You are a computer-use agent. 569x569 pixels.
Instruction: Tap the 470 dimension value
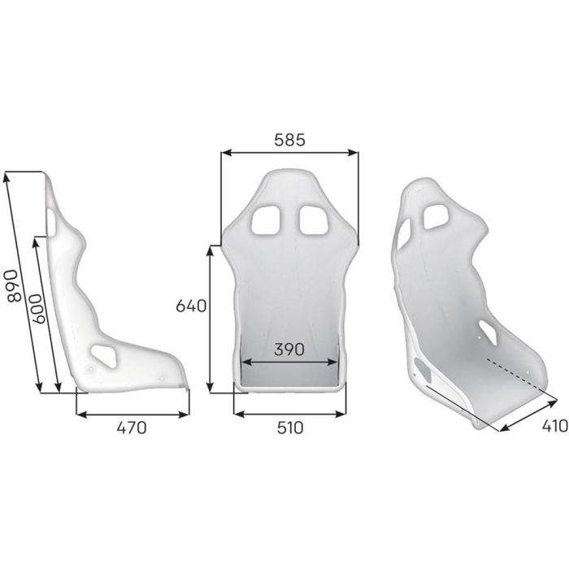[x=130, y=428]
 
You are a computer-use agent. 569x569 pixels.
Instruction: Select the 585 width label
[x=289, y=140]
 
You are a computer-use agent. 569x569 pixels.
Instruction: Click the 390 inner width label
[x=289, y=350]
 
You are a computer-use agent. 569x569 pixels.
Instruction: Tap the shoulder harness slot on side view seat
[x=53, y=219]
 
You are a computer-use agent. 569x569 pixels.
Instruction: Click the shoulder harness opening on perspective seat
[x=437, y=215]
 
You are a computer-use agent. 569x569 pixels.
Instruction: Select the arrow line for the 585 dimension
[x=289, y=152]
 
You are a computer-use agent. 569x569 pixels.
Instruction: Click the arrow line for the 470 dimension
[x=130, y=412]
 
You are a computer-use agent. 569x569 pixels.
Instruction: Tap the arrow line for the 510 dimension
[x=289, y=412]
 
